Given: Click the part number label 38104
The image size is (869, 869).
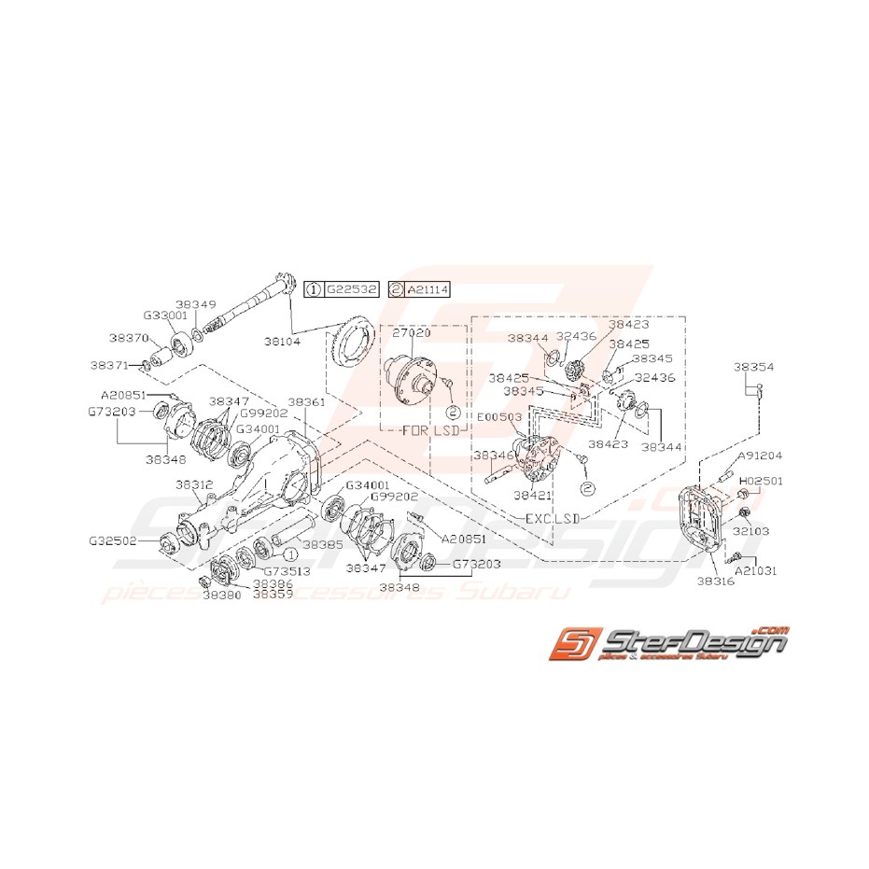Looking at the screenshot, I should click(x=307, y=343).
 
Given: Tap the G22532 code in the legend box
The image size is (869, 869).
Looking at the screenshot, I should click(x=351, y=290).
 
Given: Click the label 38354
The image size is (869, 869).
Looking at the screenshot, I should click(x=752, y=368).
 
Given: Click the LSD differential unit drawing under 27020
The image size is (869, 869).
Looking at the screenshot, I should click(x=411, y=378).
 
